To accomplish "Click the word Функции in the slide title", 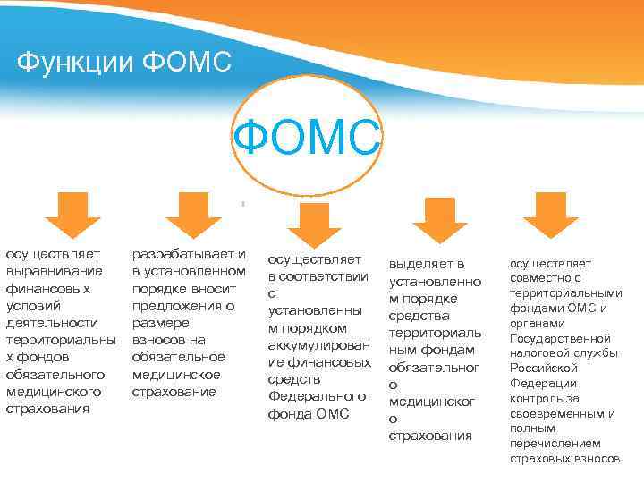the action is (x=72, y=62).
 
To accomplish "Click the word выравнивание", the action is (x=54, y=270).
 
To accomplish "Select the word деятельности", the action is (x=52, y=322).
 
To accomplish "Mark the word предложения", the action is (x=176, y=305).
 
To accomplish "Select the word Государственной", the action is (x=560, y=339).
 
